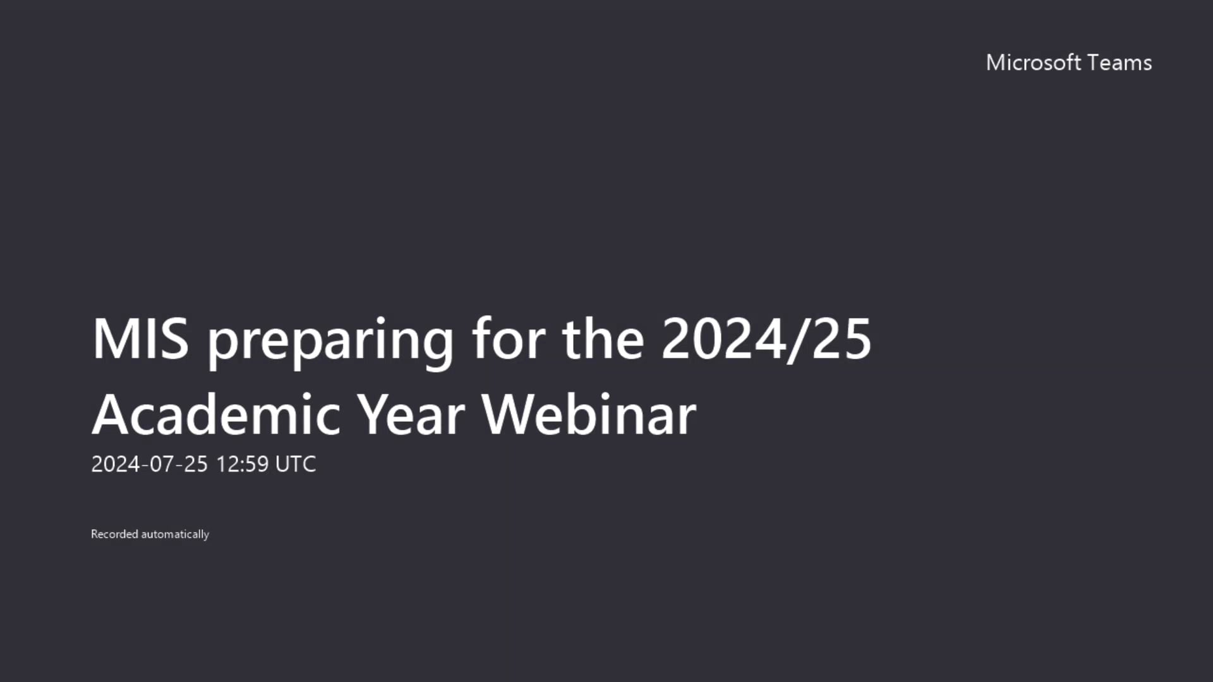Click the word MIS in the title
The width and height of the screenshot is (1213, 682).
point(140,339)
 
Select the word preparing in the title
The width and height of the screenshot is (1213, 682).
point(330,341)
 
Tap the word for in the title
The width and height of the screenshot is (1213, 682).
point(508,339)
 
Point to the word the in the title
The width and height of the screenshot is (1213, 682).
point(603,339)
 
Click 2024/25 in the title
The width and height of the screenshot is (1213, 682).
point(766,339)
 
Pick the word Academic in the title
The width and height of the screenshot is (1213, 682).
point(217,415)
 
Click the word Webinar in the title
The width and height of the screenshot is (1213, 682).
point(589,415)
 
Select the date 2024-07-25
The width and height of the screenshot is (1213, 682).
point(149,464)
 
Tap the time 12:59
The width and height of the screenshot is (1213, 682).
point(243,464)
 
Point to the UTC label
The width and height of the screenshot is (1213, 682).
point(296,464)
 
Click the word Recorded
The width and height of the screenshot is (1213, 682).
point(114,534)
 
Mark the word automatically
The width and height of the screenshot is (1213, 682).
point(175,535)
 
